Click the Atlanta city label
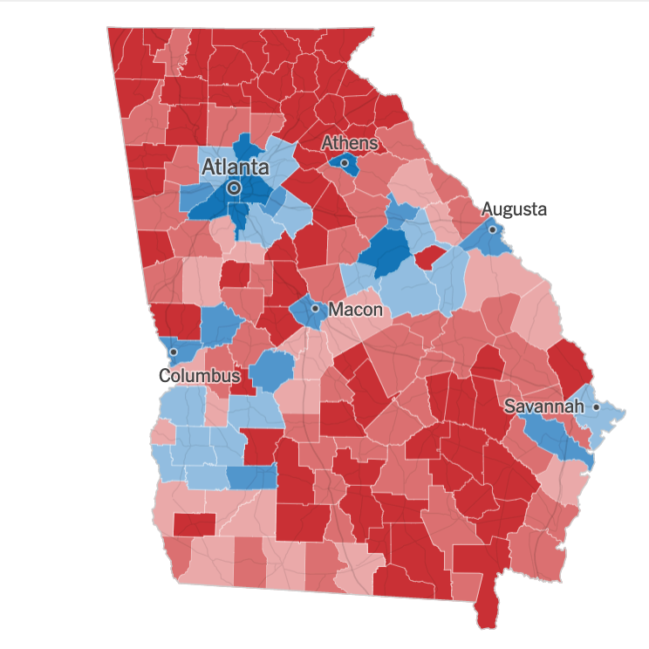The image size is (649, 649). click(236, 167)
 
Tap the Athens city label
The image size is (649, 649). click(350, 142)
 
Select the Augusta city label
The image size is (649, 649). click(514, 209)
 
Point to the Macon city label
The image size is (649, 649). click(356, 309)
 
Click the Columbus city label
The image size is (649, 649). click(199, 376)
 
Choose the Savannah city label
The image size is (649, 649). click(546, 406)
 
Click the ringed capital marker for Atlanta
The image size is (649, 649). click(234, 188)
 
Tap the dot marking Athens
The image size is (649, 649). click(345, 162)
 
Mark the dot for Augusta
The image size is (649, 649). click(492, 229)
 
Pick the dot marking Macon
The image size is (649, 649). click(315, 308)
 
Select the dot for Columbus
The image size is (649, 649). click(173, 352)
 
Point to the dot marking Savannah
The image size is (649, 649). click(596, 407)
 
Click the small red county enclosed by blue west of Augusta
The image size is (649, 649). click(428, 258)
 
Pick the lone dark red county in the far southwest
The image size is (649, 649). click(194, 525)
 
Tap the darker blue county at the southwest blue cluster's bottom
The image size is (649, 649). click(251, 476)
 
